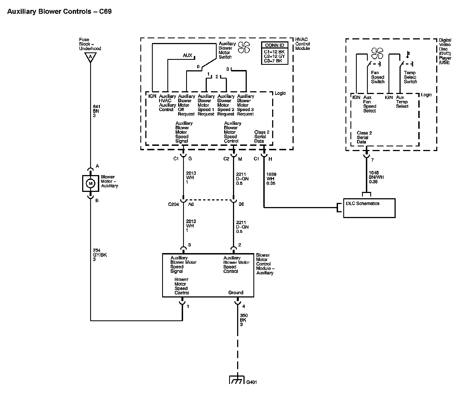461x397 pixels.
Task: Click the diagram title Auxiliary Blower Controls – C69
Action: [x=59, y=12]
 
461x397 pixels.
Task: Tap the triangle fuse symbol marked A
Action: [x=90, y=57]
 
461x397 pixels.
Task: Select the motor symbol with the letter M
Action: [x=90, y=183]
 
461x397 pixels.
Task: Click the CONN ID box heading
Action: [x=275, y=45]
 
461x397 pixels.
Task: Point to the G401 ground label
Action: [x=251, y=382]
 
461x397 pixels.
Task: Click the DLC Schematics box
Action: [x=369, y=208]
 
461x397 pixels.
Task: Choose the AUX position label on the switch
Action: [x=187, y=55]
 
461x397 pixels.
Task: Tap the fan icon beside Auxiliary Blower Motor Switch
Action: [x=244, y=47]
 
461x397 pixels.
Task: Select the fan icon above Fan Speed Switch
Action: [x=377, y=53]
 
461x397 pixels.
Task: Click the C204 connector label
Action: [x=173, y=204]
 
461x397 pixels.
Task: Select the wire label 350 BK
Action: [x=243, y=320]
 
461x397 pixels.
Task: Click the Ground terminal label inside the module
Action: [x=236, y=293]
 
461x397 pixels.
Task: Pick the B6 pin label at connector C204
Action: [x=241, y=204]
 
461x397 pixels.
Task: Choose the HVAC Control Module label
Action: [x=302, y=44]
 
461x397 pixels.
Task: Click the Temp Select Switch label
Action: [x=410, y=77]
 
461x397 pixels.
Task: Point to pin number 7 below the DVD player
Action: [x=372, y=160]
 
